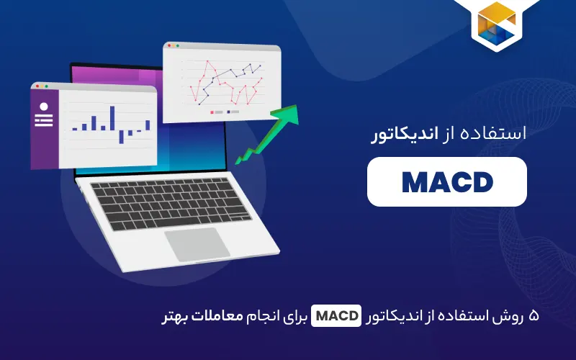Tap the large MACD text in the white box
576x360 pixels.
[x=446, y=182]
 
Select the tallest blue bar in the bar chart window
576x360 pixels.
[x=112, y=117]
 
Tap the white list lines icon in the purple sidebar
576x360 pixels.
[x=43, y=120]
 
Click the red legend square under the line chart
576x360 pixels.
[x=212, y=112]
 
